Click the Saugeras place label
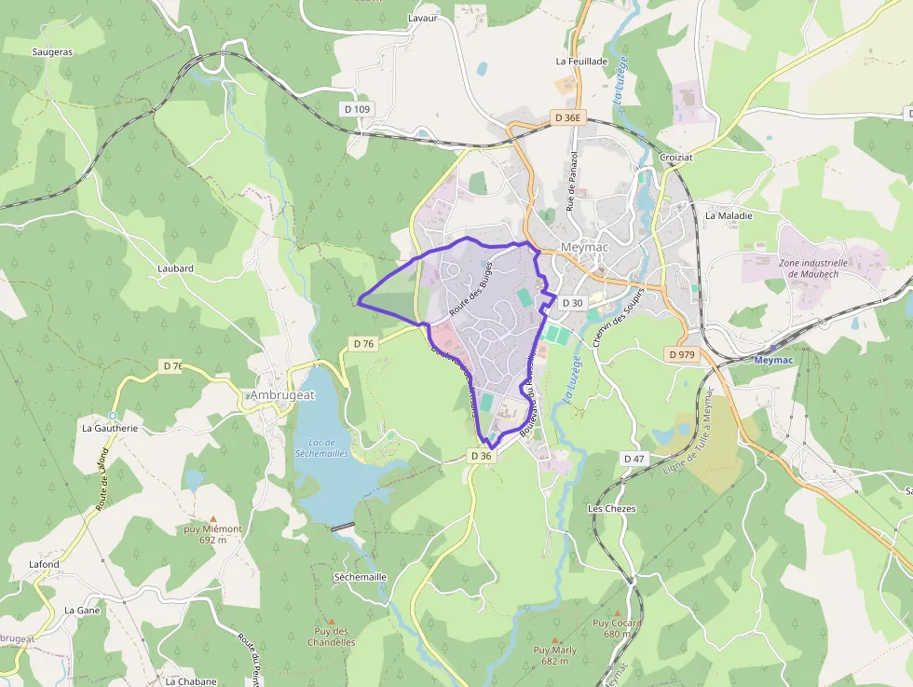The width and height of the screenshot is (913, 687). pyautogui.click(x=52, y=52)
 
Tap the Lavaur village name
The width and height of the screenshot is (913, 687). pyautogui.click(x=422, y=18)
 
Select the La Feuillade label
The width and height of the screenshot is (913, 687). pyautogui.click(x=581, y=62)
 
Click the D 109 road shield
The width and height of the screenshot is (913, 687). pyautogui.click(x=357, y=109)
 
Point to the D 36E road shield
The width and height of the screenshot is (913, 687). pyautogui.click(x=567, y=118)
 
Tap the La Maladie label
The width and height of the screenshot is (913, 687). pyautogui.click(x=729, y=215)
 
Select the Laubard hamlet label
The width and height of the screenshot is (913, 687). pyautogui.click(x=175, y=268)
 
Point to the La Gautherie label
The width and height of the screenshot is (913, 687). pyautogui.click(x=110, y=429)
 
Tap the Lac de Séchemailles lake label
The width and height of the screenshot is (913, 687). pyautogui.click(x=321, y=447)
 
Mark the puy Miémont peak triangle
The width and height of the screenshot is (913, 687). pyautogui.click(x=213, y=518)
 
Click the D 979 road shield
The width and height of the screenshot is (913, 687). pyautogui.click(x=682, y=354)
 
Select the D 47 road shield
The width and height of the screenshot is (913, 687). pyautogui.click(x=634, y=459)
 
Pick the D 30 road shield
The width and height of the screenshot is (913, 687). pyautogui.click(x=573, y=303)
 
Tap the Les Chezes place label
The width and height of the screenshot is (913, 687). pyautogui.click(x=612, y=509)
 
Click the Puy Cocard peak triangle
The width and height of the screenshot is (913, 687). pyautogui.click(x=617, y=613)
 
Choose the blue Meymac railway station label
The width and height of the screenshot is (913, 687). pyautogui.click(x=771, y=360)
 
